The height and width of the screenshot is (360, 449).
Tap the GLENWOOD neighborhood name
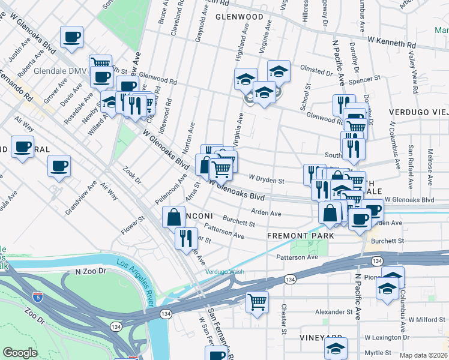click(240, 17)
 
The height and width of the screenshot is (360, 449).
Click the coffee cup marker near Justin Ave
click(71, 37)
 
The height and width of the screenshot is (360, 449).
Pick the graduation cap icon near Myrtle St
click(336, 347)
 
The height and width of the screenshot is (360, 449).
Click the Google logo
click(20, 353)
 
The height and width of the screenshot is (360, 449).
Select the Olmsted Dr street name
click(316, 72)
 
